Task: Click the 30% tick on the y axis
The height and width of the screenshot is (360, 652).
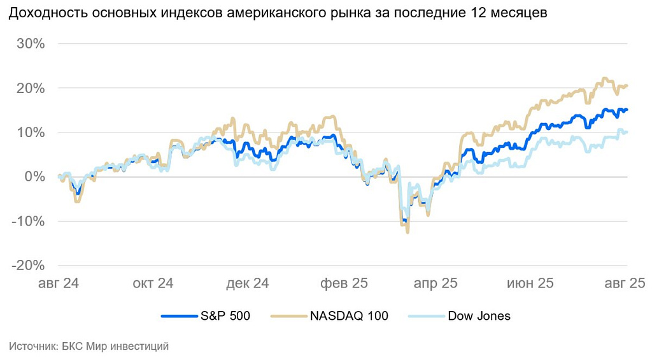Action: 31,44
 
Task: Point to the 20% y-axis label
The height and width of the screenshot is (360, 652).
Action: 31,89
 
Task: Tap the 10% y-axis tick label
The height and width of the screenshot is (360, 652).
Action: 31,133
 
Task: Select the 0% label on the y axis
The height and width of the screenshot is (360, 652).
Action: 34,177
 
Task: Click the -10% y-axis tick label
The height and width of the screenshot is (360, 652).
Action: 29,221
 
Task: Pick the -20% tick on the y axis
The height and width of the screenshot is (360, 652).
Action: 29,265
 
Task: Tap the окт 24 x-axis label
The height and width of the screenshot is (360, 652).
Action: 153,284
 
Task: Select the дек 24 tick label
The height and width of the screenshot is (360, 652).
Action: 248,284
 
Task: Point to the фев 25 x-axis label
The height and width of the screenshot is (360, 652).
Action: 343,284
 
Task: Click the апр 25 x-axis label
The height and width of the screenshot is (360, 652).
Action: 436,284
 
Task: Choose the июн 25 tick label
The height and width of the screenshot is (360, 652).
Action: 530,284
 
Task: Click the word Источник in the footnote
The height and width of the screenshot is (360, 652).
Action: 31,347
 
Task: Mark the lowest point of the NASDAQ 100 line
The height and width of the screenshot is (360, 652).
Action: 407,232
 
